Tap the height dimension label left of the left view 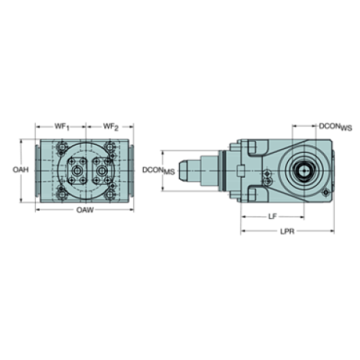click(x=21, y=170)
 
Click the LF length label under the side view click(x=273, y=216)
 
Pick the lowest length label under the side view click(x=288, y=231)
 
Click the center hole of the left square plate click(x=75, y=170)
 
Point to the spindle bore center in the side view click(x=302, y=170)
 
